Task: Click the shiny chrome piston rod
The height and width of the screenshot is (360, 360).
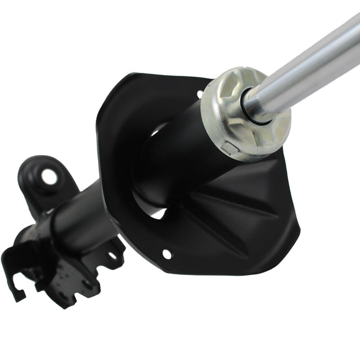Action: [x=310, y=62]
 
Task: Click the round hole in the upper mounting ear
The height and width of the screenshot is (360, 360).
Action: [x=49, y=176]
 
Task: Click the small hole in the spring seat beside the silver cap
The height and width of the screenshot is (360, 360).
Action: [x=200, y=94]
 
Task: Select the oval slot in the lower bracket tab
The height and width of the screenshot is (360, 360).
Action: [x=113, y=255]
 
